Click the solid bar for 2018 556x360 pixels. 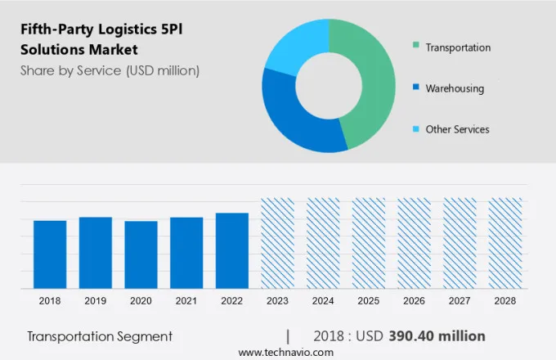(50, 254)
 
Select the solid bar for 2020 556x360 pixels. (141, 254)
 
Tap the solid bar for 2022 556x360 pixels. (231, 250)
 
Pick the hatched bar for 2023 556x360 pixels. (277, 243)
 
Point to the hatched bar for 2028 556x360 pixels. (504, 243)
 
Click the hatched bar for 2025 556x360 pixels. (368, 243)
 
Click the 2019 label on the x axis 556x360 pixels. (96, 301)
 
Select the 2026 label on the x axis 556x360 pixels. (414, 301)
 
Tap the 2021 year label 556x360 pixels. (186, 301)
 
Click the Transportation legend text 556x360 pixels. (458, 47)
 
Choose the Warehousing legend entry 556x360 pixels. (455, 88)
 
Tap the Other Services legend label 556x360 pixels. (457, 129)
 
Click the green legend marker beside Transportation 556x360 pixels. (416, 47)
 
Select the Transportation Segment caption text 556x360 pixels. (100, 336)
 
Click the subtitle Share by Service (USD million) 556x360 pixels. (110, 70)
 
